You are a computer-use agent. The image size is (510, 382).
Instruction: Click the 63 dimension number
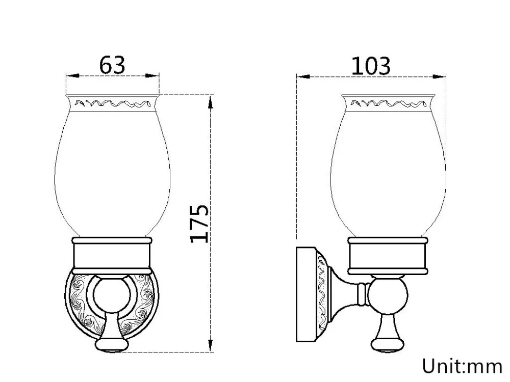pyautogui.click(x=112, y=65)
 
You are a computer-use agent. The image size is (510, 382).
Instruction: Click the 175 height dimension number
pyautogui.click(x=199, y=224)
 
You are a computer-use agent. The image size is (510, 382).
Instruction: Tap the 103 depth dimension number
pyautogui.click(x=371, y=66)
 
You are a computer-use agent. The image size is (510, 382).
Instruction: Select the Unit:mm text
pyautogui.click(x=463, y=366)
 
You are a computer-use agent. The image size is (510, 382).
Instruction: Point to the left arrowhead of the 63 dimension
pyautogui.click(x=72, y=76)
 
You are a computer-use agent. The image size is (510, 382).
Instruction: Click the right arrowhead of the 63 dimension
pyautogui.click(x=152, y=76)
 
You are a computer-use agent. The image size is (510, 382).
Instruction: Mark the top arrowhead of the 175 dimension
pyautogui.click(x=211, y=102)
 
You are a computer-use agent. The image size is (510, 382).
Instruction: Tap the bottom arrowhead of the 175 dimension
pyautogui.click(x=211, y=345)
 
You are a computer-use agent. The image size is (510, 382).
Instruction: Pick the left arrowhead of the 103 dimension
pyautogui.click(x=303, y=77)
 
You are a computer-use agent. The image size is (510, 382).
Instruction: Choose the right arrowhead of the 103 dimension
pyautogui.click(x=440, y=77)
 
